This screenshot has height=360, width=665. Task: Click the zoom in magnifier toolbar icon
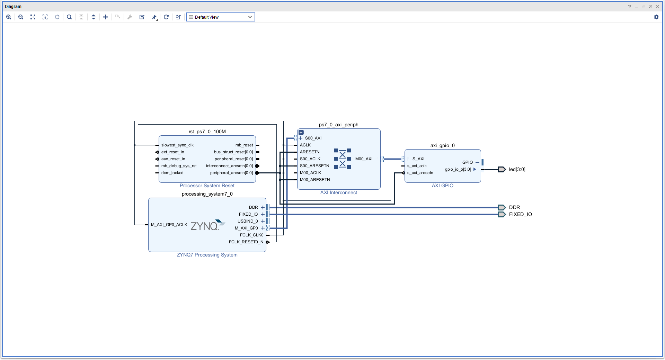[x=9, y=17]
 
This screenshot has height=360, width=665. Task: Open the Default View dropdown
[x=220, y=17]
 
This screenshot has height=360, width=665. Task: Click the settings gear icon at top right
[x=656, y=17]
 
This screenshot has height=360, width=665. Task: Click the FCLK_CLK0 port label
[x=251, y=235]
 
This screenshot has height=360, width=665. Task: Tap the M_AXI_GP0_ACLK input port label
[x=169, y=225]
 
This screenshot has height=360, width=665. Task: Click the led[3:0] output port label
[x=517, y=169]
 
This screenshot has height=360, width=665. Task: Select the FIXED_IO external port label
[x=520, y=214]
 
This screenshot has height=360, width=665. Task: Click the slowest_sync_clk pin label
[x=177, y=145]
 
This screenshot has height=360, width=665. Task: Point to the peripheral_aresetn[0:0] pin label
[x=231, y=173]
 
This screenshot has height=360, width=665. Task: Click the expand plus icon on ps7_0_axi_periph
[x=301, y=132]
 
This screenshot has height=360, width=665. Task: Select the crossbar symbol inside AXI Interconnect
[x=342, y=159]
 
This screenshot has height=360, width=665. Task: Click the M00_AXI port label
[x=364, y=159]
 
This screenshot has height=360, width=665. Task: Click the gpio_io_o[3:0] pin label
[x=458, y=169]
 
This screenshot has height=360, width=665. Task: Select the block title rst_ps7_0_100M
[x=207, y=132]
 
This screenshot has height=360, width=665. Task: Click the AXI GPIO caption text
[x=442, y=186]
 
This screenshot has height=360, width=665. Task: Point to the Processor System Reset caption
[x=207, y=186]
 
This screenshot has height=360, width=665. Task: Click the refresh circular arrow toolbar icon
[x=166, y=17]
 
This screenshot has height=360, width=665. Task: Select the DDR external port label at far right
[x=514, y=207]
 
